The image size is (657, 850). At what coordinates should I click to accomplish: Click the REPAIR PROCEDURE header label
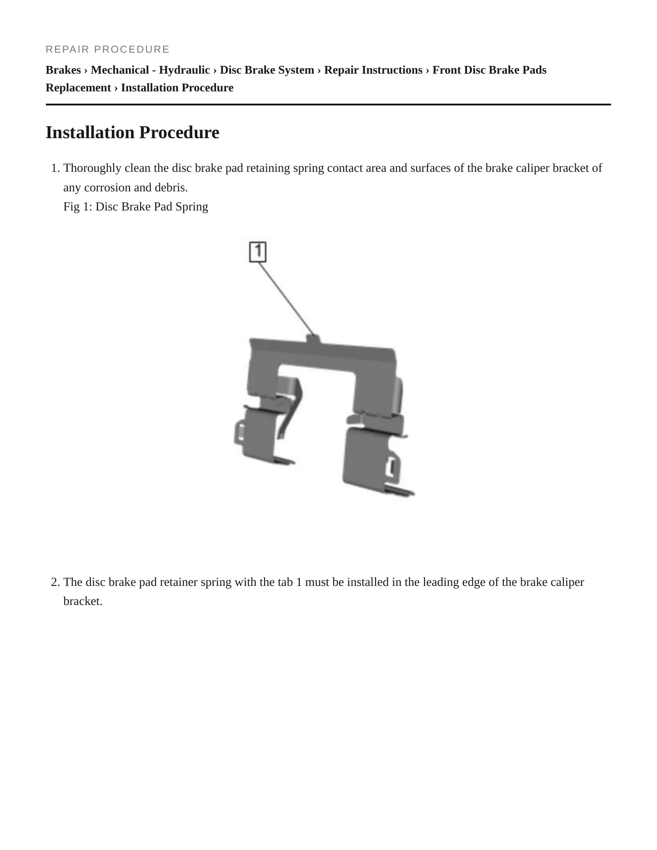tap(108, 49)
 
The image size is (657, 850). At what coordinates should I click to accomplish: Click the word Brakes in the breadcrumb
tap(63, 70)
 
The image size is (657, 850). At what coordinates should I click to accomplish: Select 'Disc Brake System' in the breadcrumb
tap(267, 70)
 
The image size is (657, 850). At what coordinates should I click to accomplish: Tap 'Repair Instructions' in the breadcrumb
tap(373, 70)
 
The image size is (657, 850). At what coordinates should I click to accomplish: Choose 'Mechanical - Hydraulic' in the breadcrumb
tap(150, 70)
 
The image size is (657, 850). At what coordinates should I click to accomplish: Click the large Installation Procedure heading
tap(132, 133)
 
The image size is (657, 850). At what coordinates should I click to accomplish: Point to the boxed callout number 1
tap(258, 252)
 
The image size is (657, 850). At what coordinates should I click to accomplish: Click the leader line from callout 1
tap(286, 299)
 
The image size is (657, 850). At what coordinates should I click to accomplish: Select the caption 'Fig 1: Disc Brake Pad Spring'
tap(136, 207)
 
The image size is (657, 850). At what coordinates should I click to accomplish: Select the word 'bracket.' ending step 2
tap(83, 601)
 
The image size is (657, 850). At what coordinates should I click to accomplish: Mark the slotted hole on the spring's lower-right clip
tap(391, 467)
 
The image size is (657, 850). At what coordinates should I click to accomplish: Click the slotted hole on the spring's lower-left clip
tap(241, 430)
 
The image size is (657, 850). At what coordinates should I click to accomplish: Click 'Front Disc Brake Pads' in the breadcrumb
tap(489, 70)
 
